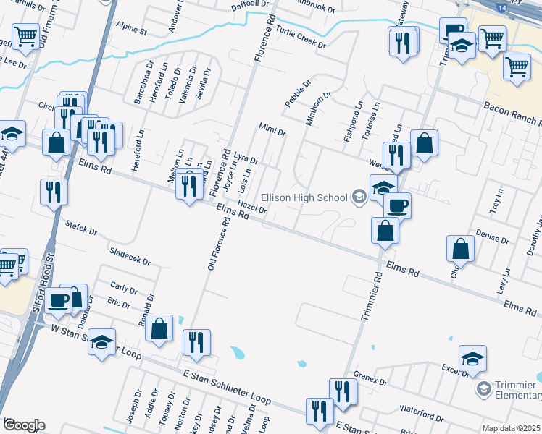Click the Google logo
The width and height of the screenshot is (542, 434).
click(24, 425)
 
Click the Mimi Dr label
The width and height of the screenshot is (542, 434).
click(272, 129)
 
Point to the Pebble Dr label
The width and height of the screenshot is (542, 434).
click(297, 95)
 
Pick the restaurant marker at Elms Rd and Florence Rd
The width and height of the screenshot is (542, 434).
click(190, 186)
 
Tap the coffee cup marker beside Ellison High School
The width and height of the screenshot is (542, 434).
click(397, 205)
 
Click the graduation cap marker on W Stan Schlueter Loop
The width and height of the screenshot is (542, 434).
click(102, 341)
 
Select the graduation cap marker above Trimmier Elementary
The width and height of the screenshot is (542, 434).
click(472, 358)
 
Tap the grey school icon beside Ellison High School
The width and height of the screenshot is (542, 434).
click(358, 196)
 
